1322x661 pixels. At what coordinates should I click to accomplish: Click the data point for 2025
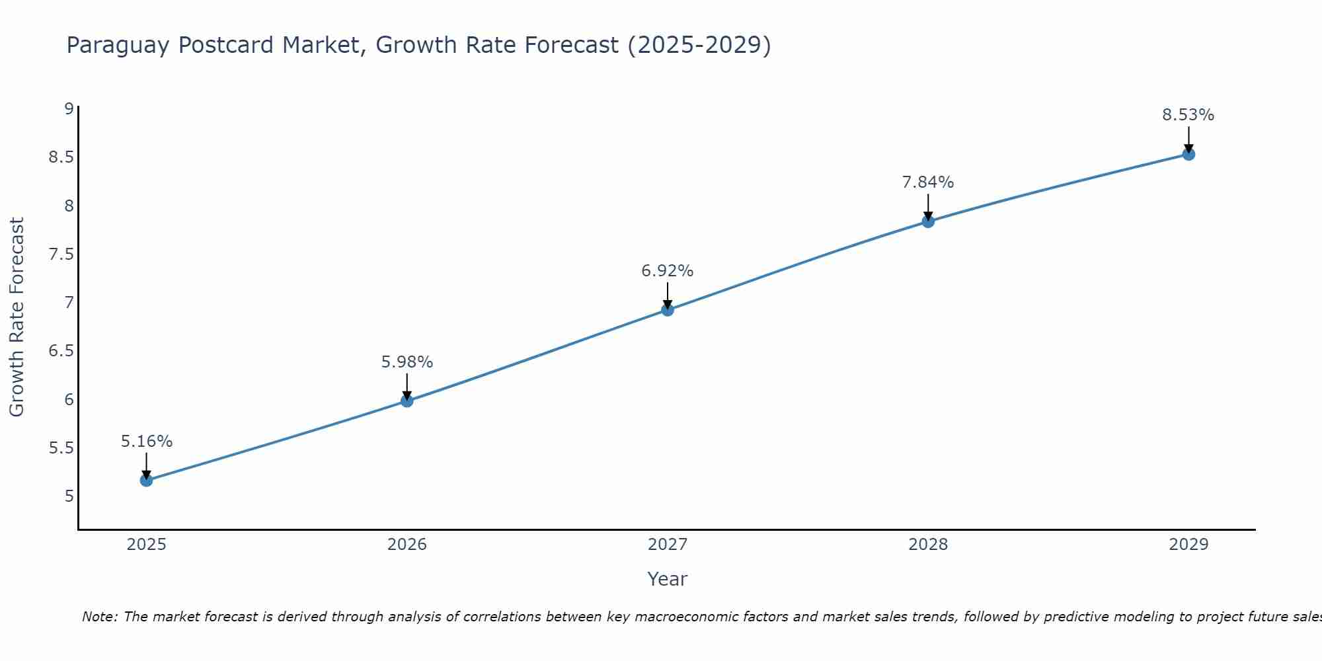(x=146, y=480)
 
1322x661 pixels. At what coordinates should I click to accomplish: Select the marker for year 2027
(x=668, y=309)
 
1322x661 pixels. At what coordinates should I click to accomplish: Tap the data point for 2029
(x=1188, y=154)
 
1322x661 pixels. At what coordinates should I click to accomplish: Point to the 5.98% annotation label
(x=407, y=362)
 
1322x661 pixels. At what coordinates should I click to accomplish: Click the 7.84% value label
(x=928, y=182)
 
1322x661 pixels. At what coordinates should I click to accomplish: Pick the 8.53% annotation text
(x=1188, y=115)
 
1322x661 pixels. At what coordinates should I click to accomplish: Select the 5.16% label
(x=147, y=442)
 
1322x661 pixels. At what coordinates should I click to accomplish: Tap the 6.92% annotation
(x=668, y=271)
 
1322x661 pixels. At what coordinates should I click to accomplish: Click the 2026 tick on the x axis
(x=407, y=545)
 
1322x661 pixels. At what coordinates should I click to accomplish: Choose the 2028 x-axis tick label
(x=928, y=545)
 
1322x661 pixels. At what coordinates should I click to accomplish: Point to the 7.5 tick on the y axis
(x=61, y=254)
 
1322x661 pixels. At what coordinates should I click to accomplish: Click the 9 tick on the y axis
(x=69, y=108)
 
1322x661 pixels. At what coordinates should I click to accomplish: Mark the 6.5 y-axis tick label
(x=61, y=351)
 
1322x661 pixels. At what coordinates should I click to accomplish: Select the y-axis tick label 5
(x=69, y=496)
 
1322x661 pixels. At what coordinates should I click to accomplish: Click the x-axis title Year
(x=668, y=579)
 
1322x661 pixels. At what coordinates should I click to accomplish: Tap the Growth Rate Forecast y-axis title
(x=17, y=317)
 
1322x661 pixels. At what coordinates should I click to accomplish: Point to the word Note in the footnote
(x=100, y=617)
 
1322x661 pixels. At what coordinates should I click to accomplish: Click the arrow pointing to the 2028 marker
(x=928, y=208)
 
